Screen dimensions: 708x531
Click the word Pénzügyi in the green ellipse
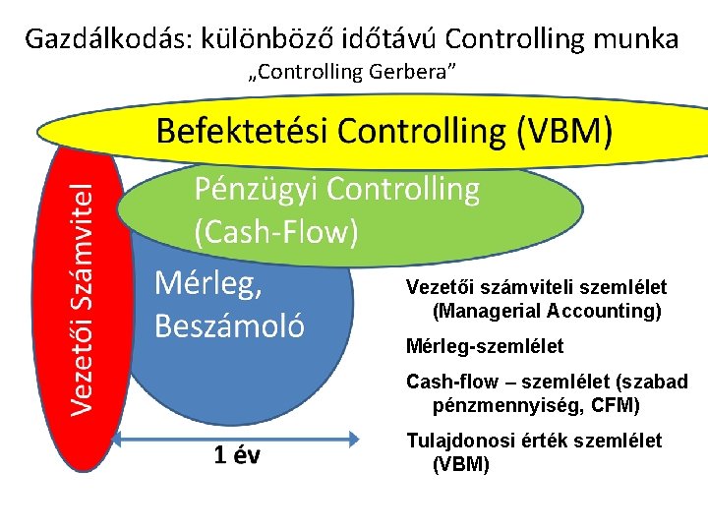257,189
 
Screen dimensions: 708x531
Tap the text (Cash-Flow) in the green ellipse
275,232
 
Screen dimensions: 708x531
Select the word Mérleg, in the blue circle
208,284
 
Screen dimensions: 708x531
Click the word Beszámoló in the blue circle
229,325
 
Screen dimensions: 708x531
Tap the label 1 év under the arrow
237,455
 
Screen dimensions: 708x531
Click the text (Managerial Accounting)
547,312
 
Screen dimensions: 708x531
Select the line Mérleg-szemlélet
486,346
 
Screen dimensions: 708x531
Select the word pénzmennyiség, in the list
502,405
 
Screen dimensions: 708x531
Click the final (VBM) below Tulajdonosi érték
461,464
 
